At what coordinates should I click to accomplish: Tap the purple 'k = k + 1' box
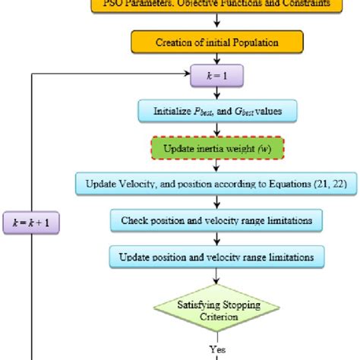coord(34,224)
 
